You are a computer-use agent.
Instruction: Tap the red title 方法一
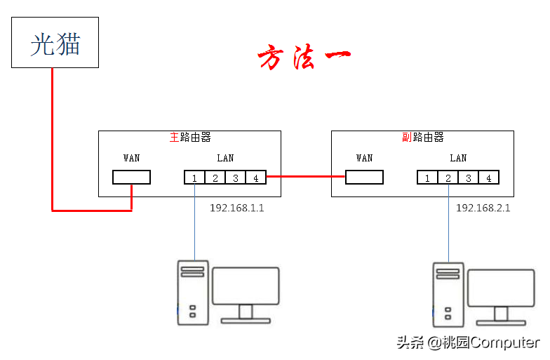(304, 57)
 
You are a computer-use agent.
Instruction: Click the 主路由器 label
(190, 138)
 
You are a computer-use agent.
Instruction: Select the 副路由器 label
(423, 138)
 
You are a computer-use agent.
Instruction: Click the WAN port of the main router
(132, 177)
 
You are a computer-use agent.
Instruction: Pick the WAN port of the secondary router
(365, 177)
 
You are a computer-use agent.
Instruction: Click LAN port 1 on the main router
(195, 178)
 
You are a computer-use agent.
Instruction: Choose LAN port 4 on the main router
(255, 178)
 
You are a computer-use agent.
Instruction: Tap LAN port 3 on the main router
(236, 178)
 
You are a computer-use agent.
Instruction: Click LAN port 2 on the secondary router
(448, 178)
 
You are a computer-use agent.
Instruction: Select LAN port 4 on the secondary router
(488, 178)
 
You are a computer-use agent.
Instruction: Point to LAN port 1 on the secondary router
(428, 178)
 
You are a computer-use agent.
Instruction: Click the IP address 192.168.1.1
(237, 208)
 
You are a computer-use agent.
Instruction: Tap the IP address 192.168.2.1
(483, 208)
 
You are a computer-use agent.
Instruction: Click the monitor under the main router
(246, 295)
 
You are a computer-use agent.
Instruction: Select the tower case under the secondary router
(448, 295)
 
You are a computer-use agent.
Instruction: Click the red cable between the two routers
(306, 177)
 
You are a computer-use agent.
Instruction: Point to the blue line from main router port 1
(195, 222)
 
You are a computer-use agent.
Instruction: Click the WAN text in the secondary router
(365, 159)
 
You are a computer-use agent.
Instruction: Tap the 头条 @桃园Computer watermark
(468, 342)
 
